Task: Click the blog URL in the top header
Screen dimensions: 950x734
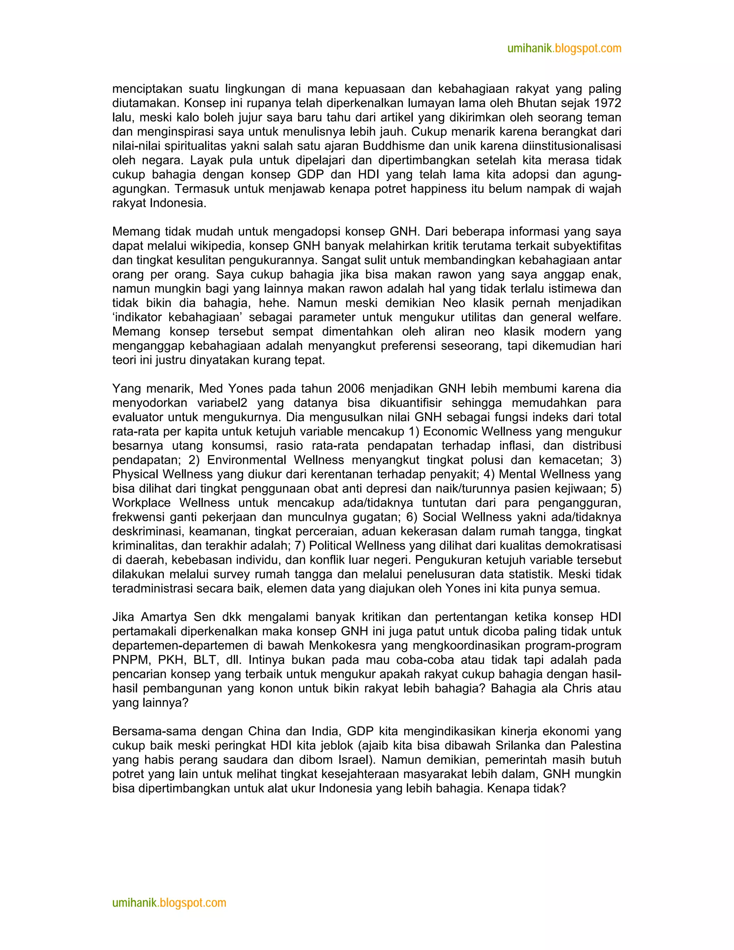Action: pyautogui.click(x=564, y=48)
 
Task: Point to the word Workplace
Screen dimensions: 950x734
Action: pyautogui.click(x=141, y=503)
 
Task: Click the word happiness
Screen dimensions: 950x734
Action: pyautogui.click(x=436, y=189)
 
